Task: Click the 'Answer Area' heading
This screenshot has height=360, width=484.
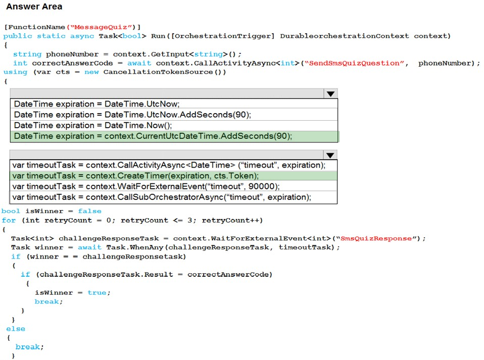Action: (34, 7)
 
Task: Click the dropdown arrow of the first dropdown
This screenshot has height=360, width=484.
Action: (330, 94)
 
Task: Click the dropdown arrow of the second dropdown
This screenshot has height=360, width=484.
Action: (330, 155)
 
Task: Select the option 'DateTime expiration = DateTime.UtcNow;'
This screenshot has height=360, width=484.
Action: (96, 104)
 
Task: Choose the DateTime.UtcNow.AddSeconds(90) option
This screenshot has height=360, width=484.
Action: (132, 115)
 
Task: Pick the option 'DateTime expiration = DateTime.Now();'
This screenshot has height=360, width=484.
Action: (93, 126)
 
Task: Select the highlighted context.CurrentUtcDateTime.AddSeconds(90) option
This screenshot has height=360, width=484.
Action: (153, 136)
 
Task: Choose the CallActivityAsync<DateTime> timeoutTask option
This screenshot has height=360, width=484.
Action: (169, 165)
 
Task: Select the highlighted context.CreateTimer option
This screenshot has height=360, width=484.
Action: (135, 176)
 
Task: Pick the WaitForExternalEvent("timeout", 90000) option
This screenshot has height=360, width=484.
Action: (146, 187)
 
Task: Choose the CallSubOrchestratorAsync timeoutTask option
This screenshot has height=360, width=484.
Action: (162, 197)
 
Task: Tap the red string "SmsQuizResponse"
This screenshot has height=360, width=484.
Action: (378, 238)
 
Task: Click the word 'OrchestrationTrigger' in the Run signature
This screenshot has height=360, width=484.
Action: (223, 36)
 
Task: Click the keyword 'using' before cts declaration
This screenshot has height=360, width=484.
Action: (16, 72)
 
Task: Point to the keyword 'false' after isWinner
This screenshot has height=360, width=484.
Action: (89, 211)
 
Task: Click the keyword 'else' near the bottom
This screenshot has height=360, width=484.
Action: (16, 329)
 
